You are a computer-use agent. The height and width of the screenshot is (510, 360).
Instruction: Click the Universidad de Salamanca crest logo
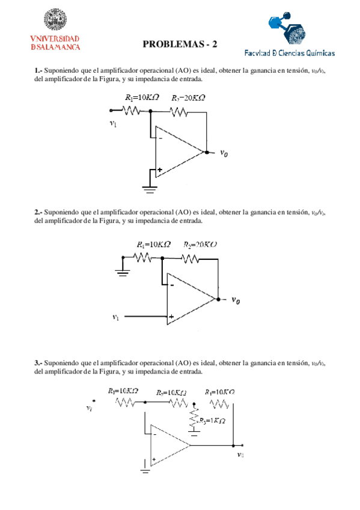coord(55,22)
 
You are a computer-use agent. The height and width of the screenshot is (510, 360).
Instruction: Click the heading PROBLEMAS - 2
coord(180,44)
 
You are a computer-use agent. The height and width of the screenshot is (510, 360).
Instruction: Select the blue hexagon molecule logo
coord(287,28)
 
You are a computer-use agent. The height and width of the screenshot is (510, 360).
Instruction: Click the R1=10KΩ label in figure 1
coord(141,97)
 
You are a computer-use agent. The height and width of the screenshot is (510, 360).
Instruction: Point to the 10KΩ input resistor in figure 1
coord(132,110)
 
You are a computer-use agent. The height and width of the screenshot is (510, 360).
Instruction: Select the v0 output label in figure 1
coord(224,153)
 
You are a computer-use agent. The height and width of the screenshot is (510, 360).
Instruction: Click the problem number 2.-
coord(38,212)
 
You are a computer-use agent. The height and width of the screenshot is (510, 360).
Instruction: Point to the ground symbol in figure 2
coord(123,271)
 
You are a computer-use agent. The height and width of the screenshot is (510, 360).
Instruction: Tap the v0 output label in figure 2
coord(239,300)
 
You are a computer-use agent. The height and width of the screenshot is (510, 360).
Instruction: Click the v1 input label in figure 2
coord(116,316)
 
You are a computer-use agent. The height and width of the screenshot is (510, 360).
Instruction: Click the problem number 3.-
coord(38,363)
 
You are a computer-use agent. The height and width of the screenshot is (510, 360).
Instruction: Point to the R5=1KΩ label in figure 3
coord(213,420)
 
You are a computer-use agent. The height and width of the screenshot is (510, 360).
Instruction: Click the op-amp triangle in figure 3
coord(168,446)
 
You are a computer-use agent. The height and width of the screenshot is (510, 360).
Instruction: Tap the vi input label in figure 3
coord(90,408)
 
